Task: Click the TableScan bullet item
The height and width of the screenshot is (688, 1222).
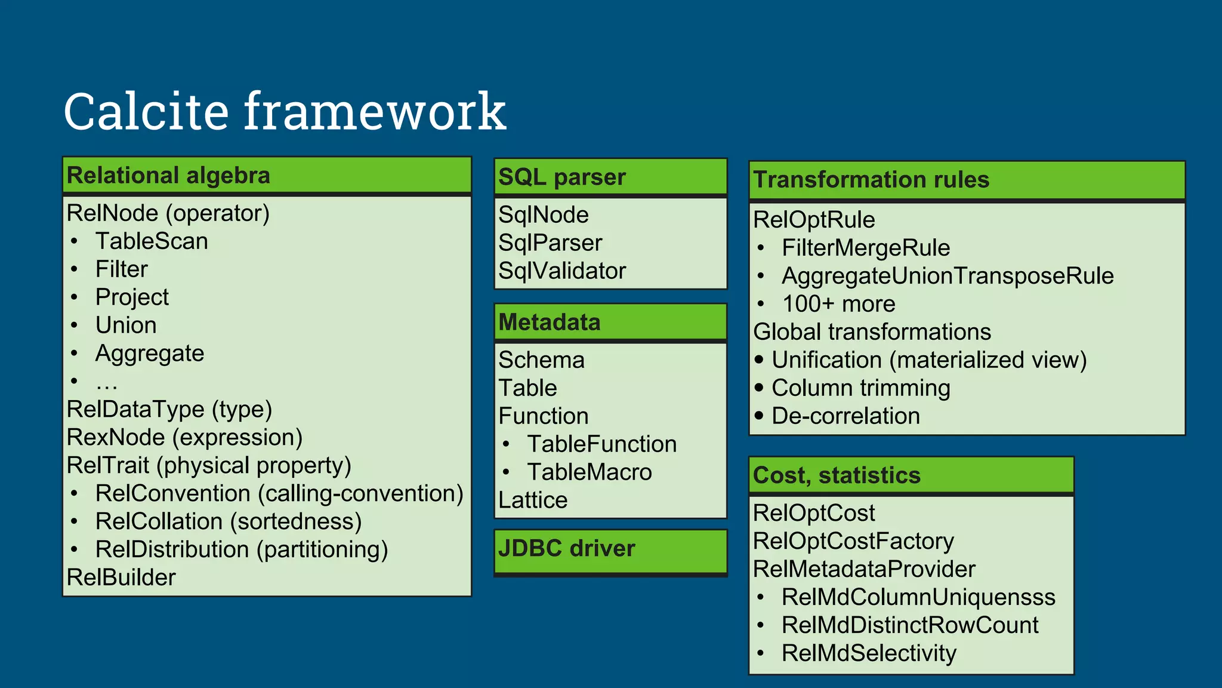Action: [152, 241]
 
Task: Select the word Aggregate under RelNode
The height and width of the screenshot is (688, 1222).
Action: [150, 354]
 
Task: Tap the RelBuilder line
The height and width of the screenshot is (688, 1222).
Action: [121, 578]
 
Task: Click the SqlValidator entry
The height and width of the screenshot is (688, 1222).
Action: [562, 271]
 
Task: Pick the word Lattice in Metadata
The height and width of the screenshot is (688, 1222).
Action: [533, 500]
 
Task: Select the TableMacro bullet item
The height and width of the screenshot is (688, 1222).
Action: [590, 472]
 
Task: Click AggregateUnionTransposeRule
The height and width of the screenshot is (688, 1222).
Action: [948, 276]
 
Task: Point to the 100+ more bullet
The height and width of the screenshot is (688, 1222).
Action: [838, 304]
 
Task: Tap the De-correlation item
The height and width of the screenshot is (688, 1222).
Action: [845, 416]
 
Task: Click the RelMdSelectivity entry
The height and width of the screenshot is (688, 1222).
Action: [869, 653]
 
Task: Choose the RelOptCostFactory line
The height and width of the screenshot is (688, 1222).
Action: [853, 541]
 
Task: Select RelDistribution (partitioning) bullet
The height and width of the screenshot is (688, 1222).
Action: [242, 549]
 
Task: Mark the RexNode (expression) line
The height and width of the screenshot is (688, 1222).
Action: [184, 438]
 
